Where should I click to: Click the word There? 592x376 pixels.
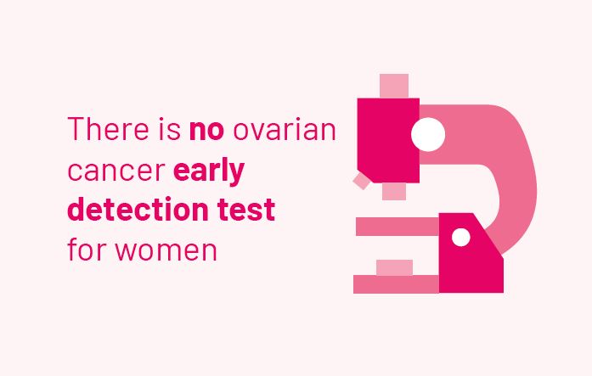[109, 129]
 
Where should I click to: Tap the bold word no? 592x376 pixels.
[207, 131]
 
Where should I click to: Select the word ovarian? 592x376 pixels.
[285, 129]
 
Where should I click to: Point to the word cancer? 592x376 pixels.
[116, 171]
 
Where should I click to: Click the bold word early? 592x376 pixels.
[209, 171]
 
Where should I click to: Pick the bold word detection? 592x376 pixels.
[138, 209]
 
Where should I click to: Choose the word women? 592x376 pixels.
[166, 250]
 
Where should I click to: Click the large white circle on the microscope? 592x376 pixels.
[428, 134]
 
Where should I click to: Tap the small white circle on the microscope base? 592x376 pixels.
[461, 237]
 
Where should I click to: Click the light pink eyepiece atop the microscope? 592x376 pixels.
[394, 86]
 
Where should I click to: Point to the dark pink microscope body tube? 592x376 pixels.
[388, 140]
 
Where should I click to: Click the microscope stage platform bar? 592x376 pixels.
[398, 227]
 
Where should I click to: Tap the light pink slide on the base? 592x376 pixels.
[395, 267]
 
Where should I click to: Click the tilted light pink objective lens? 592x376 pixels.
[363, 181]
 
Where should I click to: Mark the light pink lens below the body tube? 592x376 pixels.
[394, 192]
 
